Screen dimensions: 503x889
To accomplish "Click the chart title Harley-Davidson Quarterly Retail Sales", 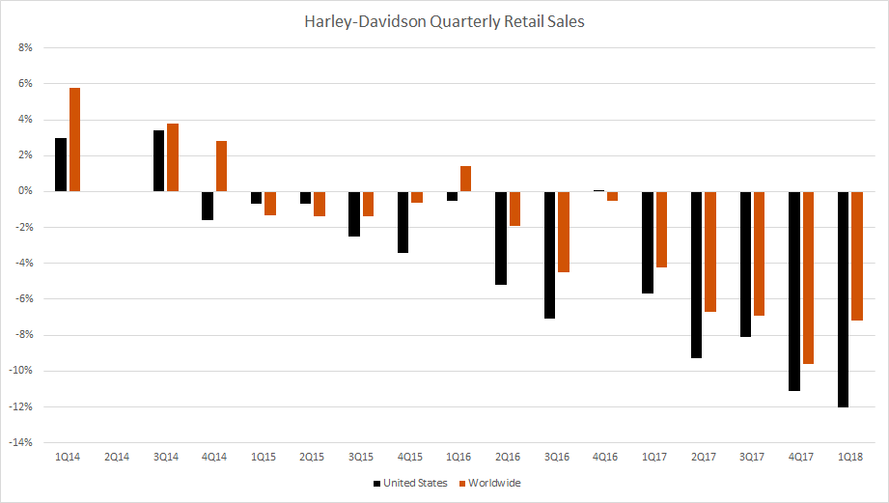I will click(x=443, y=20).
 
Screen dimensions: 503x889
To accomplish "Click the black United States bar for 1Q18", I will click(x=844, y=299).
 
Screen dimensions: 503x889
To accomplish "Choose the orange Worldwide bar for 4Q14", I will click(x=221, y=166).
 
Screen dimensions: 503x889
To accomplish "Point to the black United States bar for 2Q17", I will click(x=697, y=274).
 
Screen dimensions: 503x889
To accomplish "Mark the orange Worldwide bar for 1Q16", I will click(x=465, y=179).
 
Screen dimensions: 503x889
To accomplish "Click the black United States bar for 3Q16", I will click(x=550, y=255).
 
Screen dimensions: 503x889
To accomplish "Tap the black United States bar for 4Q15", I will click(x=403, y=222).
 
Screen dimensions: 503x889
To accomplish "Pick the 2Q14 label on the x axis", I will click(x=117, y=456).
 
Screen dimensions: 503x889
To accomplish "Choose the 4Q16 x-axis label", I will click(x=605, y=456).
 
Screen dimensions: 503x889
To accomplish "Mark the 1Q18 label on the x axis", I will click(x=850, y=456).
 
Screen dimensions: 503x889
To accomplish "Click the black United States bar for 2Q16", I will click(x=501, y=238).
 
